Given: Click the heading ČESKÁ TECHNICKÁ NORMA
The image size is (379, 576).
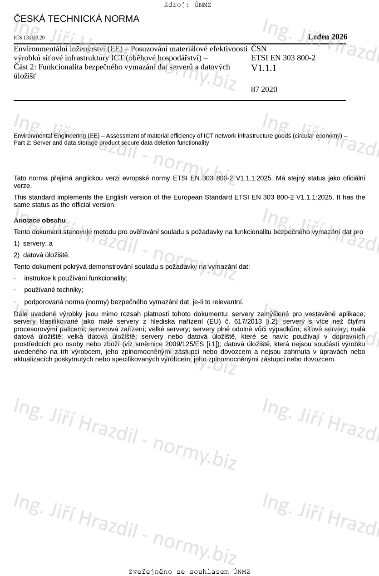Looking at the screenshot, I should click(x=77, y=19).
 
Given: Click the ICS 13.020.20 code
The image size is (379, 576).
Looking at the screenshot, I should click(x=30, y=38).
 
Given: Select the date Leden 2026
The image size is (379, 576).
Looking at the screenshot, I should click(x=327, y=37).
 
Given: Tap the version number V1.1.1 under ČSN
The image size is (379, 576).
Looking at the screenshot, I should click(x=264, y=69).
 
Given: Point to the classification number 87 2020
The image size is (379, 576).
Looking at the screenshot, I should click(x=264, y=89).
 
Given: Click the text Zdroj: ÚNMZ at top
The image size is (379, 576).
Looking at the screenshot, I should click(x=187, y=5).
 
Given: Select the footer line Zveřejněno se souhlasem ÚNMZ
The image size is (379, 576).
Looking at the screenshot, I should click(x=189, y=571).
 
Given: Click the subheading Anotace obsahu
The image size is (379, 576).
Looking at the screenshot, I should click(x=40, y=221).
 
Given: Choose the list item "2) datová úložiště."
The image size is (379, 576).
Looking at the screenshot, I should click(x=42, y=255).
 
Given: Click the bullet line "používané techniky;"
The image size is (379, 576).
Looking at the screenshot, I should click(x=54, y=290).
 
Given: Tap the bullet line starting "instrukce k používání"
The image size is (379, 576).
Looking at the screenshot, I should click(x=76, y=278).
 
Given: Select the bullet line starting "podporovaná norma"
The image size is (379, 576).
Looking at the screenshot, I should click(x=133, y=302).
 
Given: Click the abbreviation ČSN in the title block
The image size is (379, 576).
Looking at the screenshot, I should click(x=259, y=48).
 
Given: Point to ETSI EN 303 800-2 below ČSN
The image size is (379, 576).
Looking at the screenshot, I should click(x=283, y=58).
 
